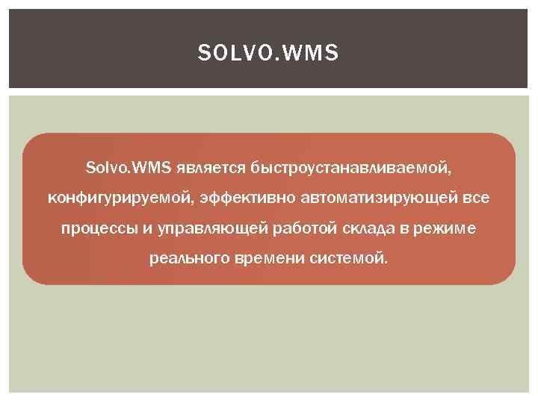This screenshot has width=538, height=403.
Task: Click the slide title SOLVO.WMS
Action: coord(268,54)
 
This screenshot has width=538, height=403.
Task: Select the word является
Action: coord(200,166)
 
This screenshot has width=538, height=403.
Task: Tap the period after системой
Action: coord(387,263)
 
